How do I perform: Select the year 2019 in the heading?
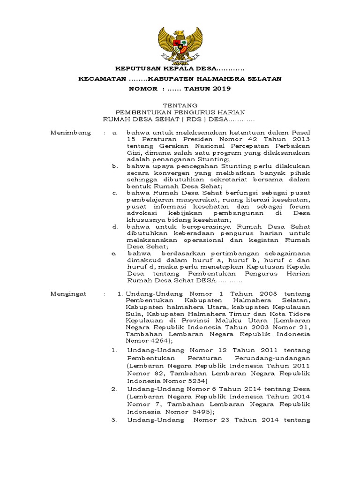pos(220,88)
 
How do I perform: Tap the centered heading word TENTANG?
pos(180,105)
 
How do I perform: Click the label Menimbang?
pos(70,133)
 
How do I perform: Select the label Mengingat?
pos(68,293)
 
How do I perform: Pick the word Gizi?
pos(133,153)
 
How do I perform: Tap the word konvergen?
pos(173,173)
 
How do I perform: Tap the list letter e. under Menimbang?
pos(114,253)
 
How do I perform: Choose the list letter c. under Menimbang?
pos(114,193)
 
